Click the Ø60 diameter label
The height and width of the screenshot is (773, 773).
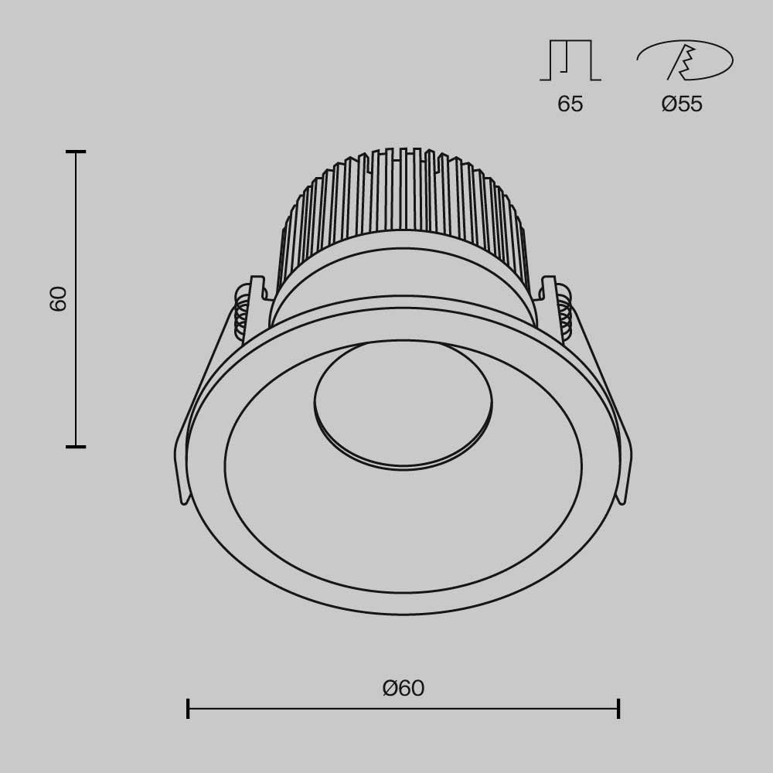click(x=404, y=688)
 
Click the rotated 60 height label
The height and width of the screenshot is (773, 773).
click(x=59, y=298)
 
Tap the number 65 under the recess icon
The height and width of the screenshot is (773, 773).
click(x=570, y=104)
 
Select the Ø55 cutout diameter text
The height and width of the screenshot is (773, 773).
click(x=682, y=104)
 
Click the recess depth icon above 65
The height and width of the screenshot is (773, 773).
click(x=570, y=60)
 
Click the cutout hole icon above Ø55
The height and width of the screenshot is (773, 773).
click(x=685, y=60)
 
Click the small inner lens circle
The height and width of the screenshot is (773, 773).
click(x=403, y=403)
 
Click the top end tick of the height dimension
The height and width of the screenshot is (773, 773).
click(x=76, y=152)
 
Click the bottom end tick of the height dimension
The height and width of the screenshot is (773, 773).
click(x=76, y=446)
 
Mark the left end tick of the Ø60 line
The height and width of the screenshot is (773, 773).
click(x=188, y=708)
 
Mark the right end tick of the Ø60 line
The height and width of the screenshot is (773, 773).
click(x=618, y=708)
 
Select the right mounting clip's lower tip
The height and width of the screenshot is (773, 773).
click(x=623, y=499)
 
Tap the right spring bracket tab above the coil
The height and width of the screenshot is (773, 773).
click(x=549, y=286)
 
